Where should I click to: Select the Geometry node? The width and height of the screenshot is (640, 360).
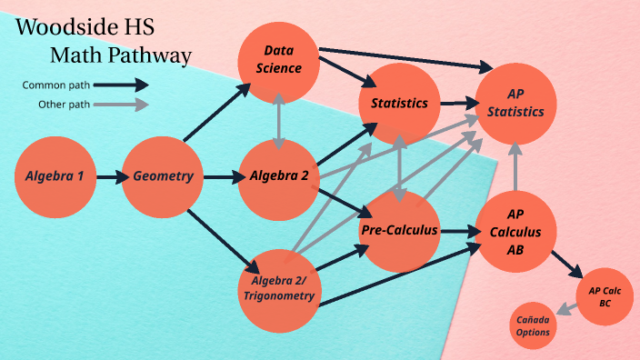163,176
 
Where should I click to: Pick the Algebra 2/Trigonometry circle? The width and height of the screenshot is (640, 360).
279,287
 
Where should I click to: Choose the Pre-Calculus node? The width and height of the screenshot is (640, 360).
399,231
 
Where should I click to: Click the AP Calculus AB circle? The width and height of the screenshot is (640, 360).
515,231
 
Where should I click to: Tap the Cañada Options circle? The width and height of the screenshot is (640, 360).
534,325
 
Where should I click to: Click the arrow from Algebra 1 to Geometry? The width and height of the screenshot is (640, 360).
110,176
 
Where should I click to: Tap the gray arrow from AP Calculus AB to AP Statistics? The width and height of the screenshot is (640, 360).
515,165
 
